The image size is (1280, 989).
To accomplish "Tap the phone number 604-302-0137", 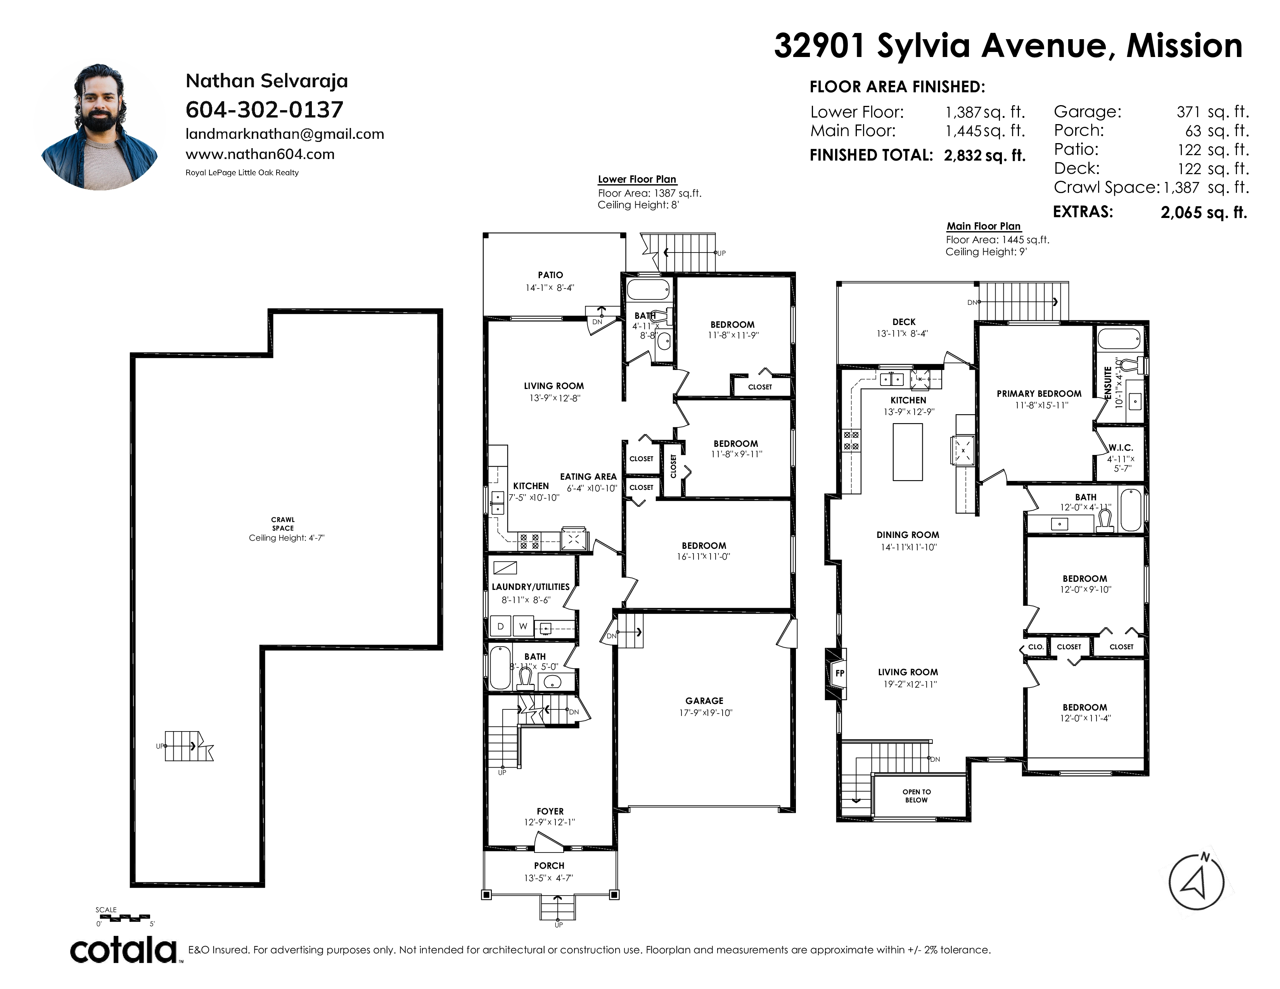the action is (x=264, y=109).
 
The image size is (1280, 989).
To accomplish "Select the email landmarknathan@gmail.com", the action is (x=285, y=134).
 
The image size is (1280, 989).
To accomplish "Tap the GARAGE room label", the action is (x=704, y=701).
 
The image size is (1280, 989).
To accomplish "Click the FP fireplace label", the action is (x=840, y=673).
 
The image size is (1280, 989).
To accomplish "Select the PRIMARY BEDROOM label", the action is (x=1039, y=394).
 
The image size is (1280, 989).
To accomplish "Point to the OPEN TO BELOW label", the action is (x=917, y=795).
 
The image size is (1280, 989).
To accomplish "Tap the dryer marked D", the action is (x=500, y=626).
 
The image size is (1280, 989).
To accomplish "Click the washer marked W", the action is (x=523, y=626).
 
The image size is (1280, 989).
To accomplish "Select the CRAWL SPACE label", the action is (x=283, y=524).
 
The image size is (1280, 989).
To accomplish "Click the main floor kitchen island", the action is (x=907, y=452).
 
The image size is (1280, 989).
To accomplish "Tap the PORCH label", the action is (x=549, y=865).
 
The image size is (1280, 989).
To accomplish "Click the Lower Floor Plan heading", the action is (x=637, y=179).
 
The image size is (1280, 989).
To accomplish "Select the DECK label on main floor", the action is (x=904, y=322).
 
